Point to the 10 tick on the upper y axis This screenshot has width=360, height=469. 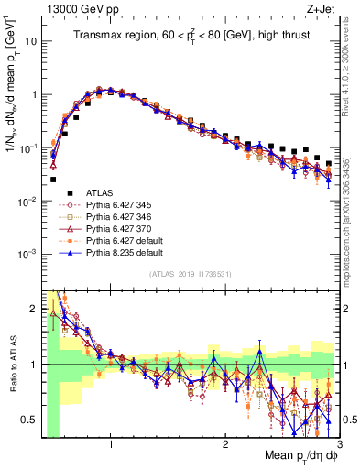(30, 41)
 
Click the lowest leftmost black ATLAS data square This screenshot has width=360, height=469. (53, 180)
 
